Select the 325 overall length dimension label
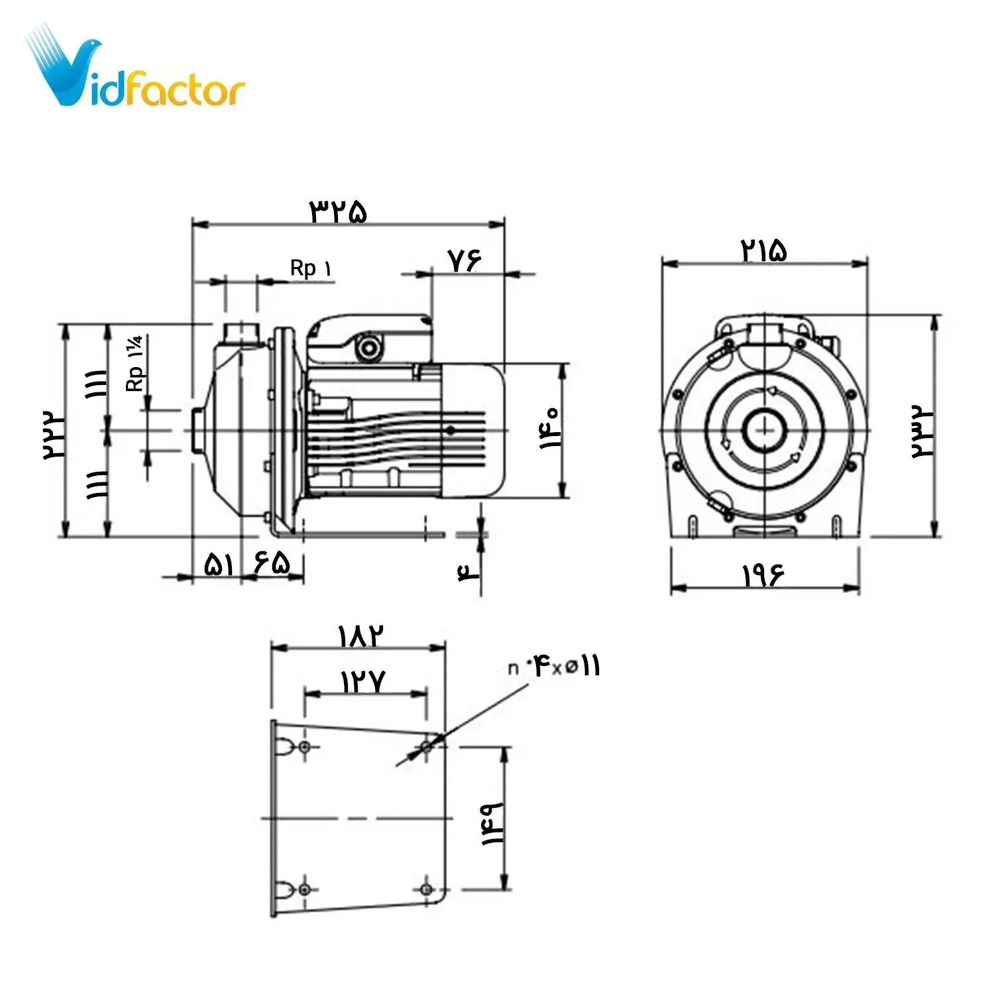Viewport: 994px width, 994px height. click(338, 211)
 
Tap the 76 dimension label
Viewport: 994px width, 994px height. click(464, 260)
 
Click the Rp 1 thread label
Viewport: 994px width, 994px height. click(311, 268)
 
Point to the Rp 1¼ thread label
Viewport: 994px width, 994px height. click(135, 364)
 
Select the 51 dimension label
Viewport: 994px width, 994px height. click(219, 565)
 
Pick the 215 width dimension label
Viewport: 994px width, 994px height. click(763, 250)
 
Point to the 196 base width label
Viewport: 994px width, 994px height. click(763, 575)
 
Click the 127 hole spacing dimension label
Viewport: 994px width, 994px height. click(363, 681)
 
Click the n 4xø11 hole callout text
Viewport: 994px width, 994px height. click(554, 667)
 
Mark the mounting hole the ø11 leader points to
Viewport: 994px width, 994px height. click(427, 747)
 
